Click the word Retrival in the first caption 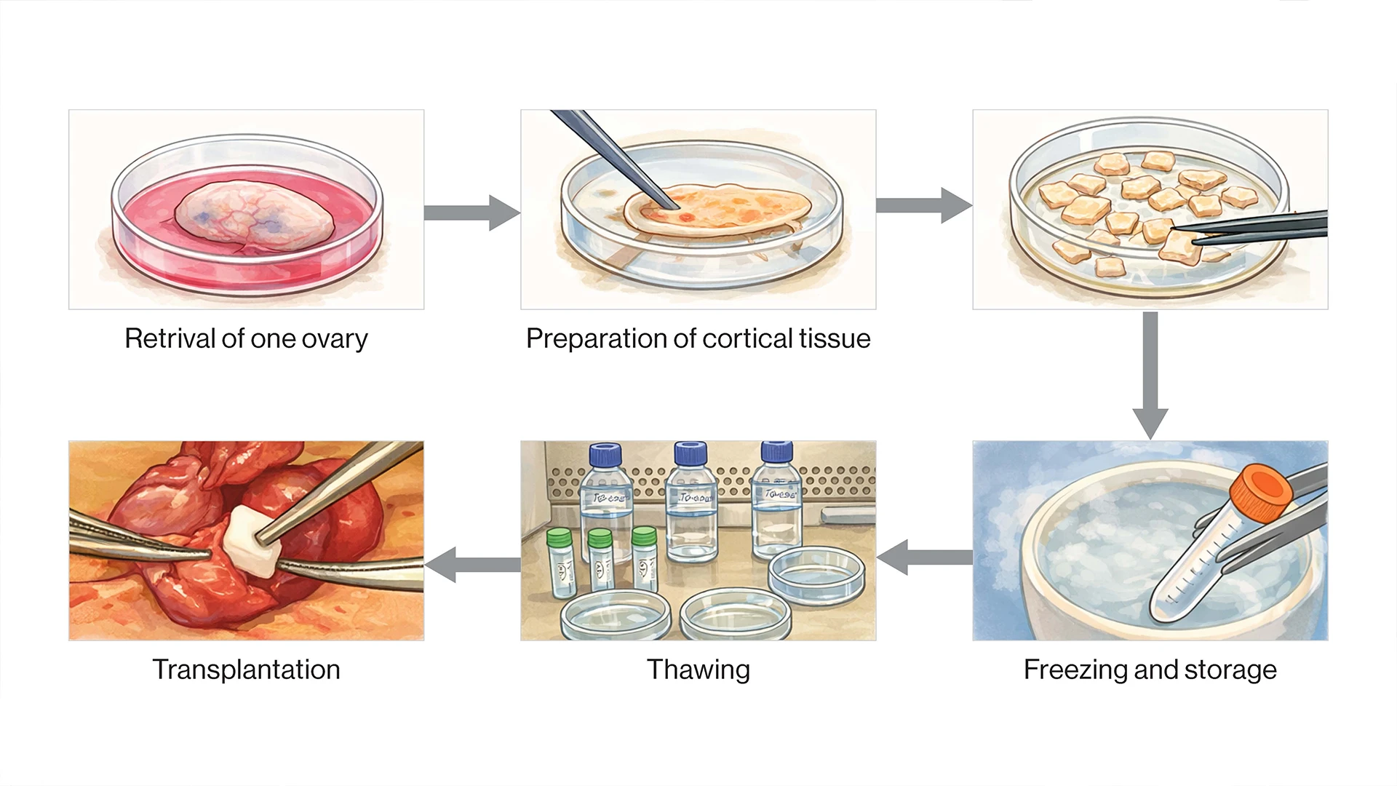click(x=170, y=339)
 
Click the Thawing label click(x=698, y=670)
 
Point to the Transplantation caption click(x=246, y=670)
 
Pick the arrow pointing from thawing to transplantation click(x=472, y=564)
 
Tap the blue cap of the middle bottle click(x=690, y=453)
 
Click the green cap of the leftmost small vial click(x=560, y=538)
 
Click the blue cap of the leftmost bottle click(x=605, y=454)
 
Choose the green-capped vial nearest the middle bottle click(x=644, y=537)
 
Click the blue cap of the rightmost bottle click(x=776, y=451)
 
